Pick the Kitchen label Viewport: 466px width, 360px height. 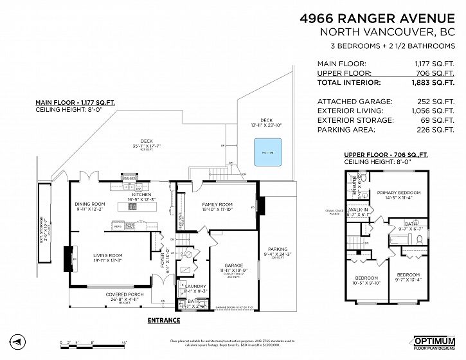click(141, 194)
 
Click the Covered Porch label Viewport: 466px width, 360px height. click(124, 295)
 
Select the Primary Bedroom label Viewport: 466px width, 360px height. click(399, 193)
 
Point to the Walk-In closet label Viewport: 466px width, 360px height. click(357, 210)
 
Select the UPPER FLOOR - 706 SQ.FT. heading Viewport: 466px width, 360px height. click(386, 155)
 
